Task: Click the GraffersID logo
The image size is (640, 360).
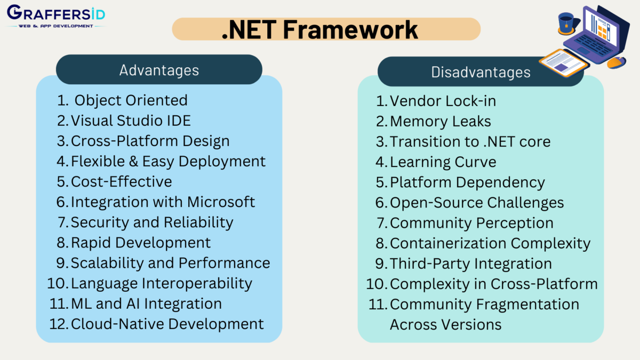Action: [x=55, y=16]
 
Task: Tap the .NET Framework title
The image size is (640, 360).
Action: [x=320, y=29]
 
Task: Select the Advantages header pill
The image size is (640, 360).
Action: [x=159, y=70]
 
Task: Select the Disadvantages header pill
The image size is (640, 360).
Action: [x=481, y=72]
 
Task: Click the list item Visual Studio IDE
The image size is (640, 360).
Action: [x=131, y=121]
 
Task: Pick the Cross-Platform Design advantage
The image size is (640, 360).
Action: [x=150, y=141]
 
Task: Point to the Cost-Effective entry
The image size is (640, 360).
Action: [x=121, y=181]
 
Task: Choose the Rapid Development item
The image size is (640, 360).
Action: [x=141, y=242]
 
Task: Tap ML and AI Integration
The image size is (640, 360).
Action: [x=146, y=303]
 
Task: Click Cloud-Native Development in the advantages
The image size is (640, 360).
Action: [x=167, y=324]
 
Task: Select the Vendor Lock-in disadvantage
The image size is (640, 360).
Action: [x=443, y=101]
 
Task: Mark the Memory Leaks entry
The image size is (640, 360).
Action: [x=440, y=121]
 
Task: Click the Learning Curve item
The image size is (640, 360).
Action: [x=443, y=162]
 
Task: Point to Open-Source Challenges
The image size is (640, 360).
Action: [x=477, y=203]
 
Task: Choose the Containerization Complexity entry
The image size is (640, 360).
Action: [x=490, y=243]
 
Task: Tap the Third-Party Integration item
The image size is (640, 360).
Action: [x=471, y=263]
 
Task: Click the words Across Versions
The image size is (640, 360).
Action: [x=445, y=324]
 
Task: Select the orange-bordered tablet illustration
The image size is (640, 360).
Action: [x=563, y=63]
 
